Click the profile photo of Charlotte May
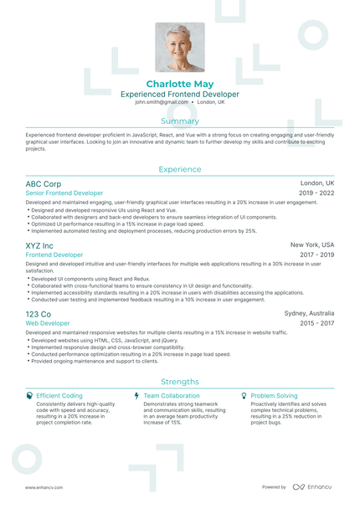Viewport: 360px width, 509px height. (179, 47)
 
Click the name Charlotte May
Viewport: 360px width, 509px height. (179, 85)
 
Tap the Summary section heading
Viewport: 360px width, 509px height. (179, 121)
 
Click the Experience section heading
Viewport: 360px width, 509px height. (179, 169)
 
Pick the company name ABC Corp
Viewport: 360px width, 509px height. (44, 183)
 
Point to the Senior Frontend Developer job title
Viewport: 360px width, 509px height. (64, 193)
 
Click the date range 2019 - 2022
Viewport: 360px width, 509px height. (316, 193)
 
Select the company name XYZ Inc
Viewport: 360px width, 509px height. (39, 245)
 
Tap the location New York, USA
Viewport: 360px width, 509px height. (312, 245)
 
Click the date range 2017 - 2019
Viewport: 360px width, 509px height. (316, 254)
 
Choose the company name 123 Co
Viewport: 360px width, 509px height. (39, 314)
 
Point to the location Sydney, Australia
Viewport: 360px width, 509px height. (309, 314)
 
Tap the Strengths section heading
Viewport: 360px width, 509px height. (179, 380)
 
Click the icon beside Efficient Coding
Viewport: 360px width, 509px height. (30, 395)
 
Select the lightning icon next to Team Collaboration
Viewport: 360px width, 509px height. (136, 395)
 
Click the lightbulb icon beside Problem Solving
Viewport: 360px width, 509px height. (244, 395)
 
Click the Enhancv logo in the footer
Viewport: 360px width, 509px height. (312, 486)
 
